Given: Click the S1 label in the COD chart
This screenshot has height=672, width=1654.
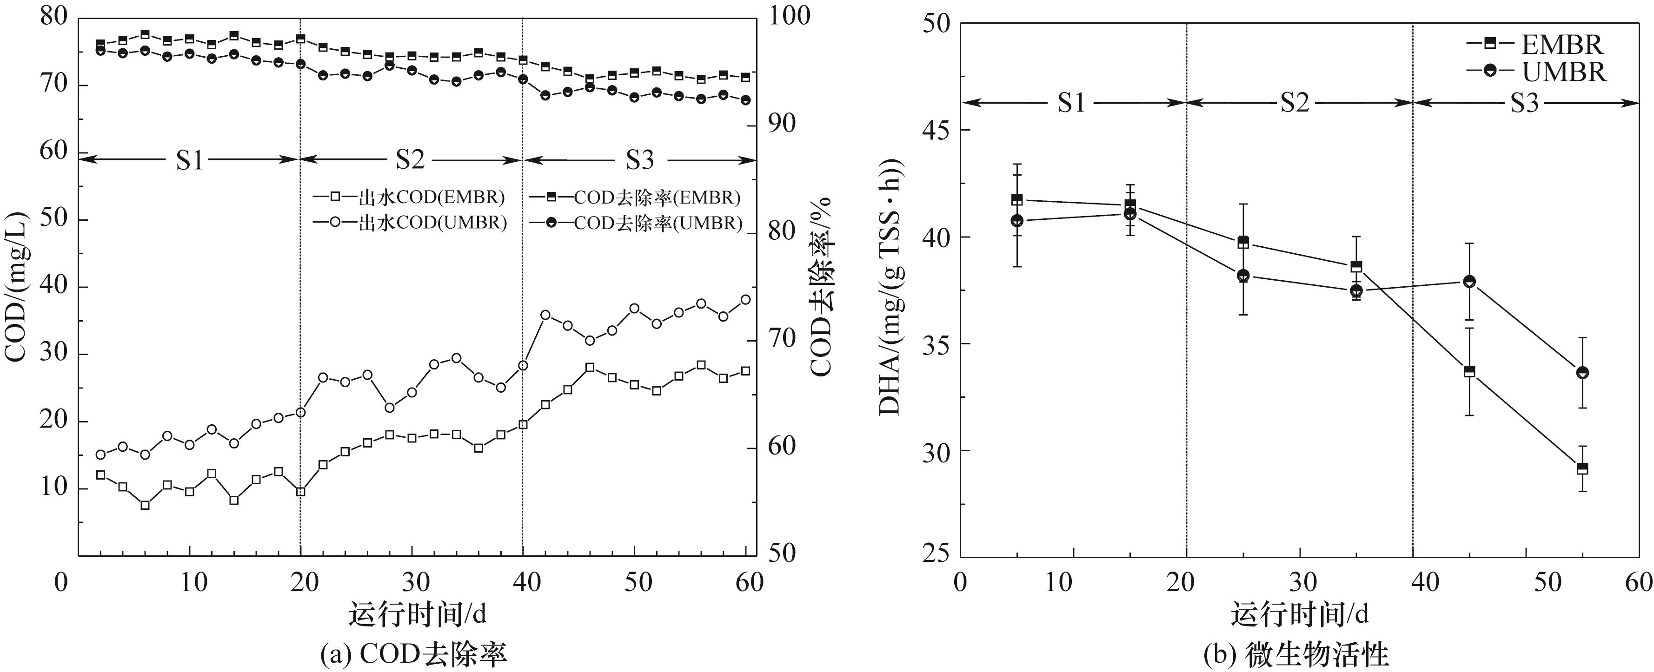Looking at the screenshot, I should [190, 160].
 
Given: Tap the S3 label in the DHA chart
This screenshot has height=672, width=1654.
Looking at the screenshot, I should [1524, 103].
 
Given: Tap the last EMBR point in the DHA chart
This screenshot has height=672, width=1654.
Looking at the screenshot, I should [1582, 468].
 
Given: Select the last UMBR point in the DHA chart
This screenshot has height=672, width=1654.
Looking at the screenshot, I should [1582, 372].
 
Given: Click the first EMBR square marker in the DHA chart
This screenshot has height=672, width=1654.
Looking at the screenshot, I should [1017, 200].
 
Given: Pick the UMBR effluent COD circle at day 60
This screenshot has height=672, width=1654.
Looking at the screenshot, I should [745, 299].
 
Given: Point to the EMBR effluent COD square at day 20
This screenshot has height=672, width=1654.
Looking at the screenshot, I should [300, 492].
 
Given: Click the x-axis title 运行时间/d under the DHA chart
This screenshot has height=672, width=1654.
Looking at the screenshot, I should [1300, 615].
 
